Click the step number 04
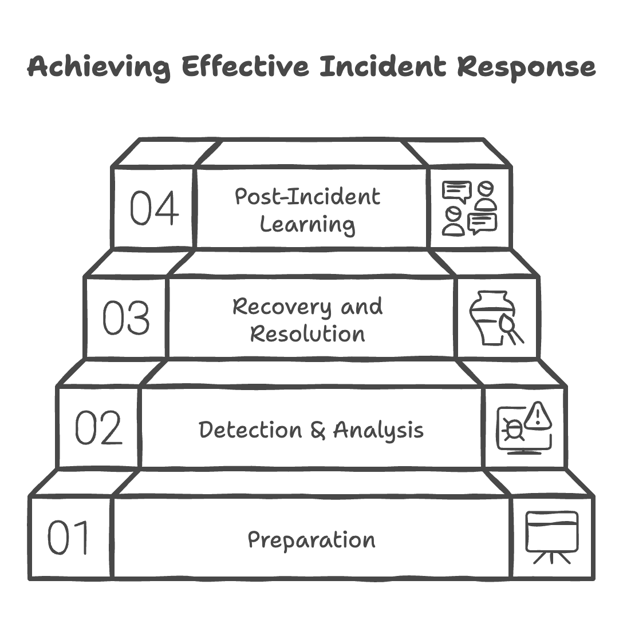pyautogui.click(x=153, y=208)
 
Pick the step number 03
pyautogui.click(x=126, y=317)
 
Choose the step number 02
pyautogui.click(x=98, y=428)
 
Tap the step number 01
pyautogui.click(x=69, y=538)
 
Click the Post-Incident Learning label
pyautogui.click(x=308, y=210)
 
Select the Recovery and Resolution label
pyautogui.click(x=308, y=320)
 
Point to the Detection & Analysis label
pyautogui.click(x=311, y=430)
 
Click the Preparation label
pyautogui.click(x=311, y=540)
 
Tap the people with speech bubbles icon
pyautogui.click(x=470, y=208)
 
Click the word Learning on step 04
pyautogui.click(x=308, y=224)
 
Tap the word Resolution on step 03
pyautogui.click(x=308, y=333)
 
